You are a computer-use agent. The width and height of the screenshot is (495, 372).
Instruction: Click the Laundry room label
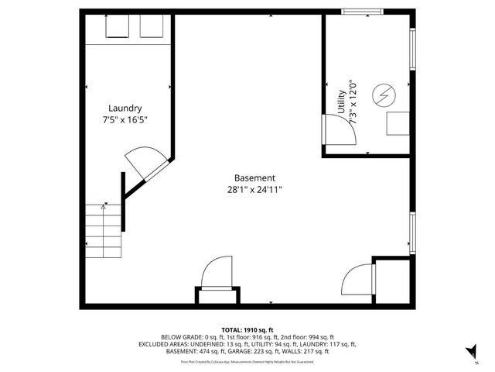[x=125, y=108]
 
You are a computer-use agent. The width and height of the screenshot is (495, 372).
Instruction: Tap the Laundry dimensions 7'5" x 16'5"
[x=125, y=120]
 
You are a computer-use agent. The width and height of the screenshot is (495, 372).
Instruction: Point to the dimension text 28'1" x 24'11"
[x=254, y=190]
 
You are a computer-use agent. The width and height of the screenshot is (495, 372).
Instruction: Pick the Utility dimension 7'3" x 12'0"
[x=353, y=102]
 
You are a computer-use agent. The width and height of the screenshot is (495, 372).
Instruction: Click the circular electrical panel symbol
[x=383, y=95]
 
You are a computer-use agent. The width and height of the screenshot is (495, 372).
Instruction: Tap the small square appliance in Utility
[x=398, y=123]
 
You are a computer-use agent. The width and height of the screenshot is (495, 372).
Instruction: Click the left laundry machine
[x=118, y=26]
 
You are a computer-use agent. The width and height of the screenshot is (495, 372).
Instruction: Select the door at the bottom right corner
[x=358, y=279]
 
